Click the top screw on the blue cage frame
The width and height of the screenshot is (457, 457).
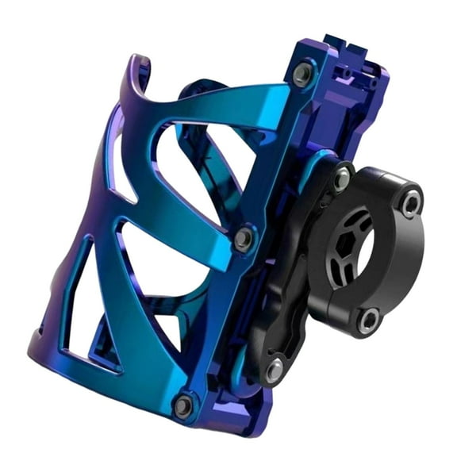pyautogui.click(x=301, y=75)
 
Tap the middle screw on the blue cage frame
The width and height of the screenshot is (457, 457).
pyautogui.click(x=244, y=237)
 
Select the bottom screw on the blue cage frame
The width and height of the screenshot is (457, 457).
pyautogui.click(x=183, y=405)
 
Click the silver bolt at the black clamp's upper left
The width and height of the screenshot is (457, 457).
pyautogui.click(x=342, y=179)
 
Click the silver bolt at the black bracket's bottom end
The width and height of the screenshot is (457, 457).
pyautogui.click(x=274, y=369)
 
